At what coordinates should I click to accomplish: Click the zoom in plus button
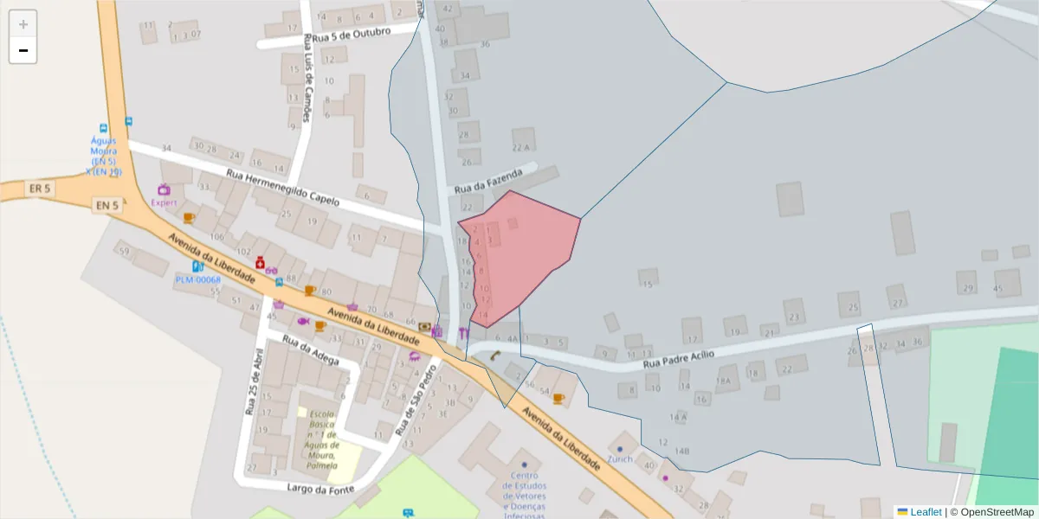click(x=23, y=24)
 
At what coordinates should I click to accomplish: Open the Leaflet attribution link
click(x=926, y=512)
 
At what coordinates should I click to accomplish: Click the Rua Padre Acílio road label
click(x=679, y=361)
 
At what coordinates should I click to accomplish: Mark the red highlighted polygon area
click(x=528, y=251)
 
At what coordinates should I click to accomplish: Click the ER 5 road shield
click(x=40, y=188)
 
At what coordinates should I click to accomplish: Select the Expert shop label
click(x=164, y=203)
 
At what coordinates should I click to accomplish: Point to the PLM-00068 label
click(x=198, y=279)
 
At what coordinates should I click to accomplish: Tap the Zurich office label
click(x=620, y=459)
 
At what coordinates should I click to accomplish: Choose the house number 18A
click(x=724, y=381)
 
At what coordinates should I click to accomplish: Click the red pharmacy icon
click(x=260, y=261)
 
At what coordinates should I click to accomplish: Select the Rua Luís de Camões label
click(x=307, y=82)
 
